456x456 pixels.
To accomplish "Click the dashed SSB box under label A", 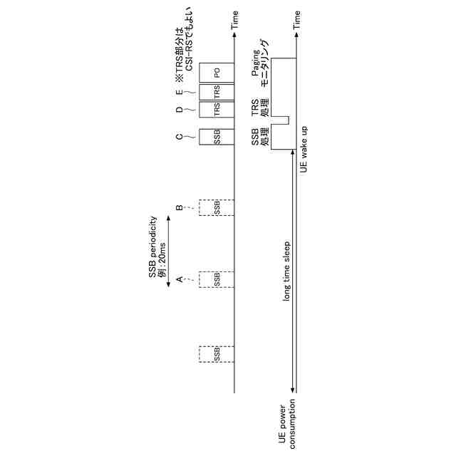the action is click(x=216, y=279).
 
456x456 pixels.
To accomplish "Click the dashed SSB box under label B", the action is click(x=216, y=207).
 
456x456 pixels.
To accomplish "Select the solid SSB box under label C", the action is click(x=216, y=137).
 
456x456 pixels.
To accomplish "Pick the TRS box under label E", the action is click(x=216, y=92).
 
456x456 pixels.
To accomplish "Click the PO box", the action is click(x=216, y=72).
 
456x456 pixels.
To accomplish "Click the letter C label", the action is click(x=180, y=136).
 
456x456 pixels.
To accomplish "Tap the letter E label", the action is click(x=180, y=91).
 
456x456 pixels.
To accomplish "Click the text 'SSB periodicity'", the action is click(x=152, y=249).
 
